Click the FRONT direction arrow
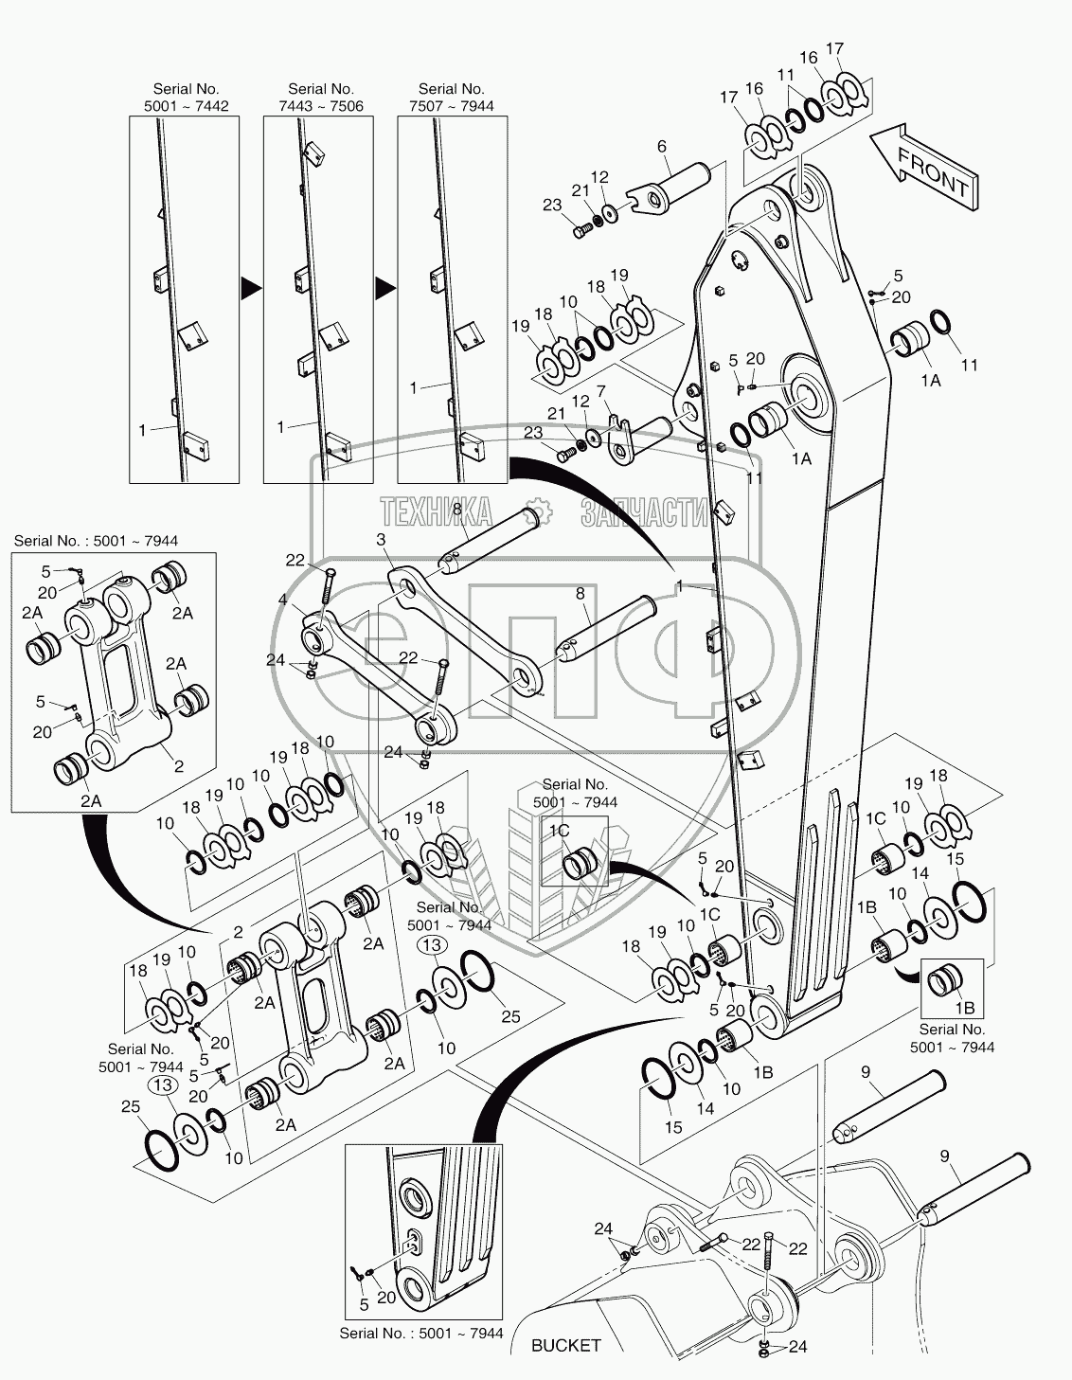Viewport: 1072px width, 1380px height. click(x=922, y=169)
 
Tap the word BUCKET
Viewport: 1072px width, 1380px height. click(x=566, y=1345)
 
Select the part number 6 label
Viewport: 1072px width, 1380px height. click(x=662, y=147)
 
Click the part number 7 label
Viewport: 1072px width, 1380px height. click(x=600, y=391)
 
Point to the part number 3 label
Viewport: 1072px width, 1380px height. click(x=381, y=540)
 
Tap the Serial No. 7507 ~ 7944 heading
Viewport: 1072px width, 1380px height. click(x=452, y=97)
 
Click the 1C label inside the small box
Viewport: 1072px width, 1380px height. click(x=558, y=829)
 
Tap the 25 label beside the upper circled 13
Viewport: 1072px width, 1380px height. click(x=509, y=1016)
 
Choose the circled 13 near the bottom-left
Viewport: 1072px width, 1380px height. click(x=164, y=1085)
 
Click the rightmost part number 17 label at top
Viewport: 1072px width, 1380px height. click(x=834, y=48)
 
